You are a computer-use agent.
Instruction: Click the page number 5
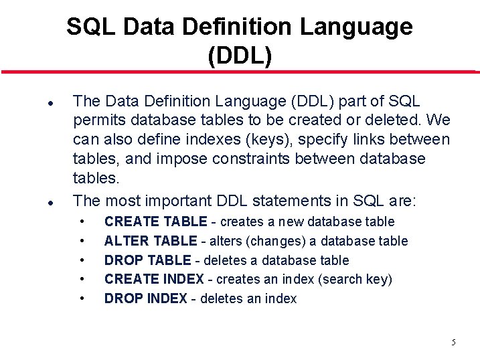click(x=453, y=342)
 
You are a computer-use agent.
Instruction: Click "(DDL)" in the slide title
click(x=240, y=56)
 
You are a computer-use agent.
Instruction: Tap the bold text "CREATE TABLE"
click(x=156, y=221)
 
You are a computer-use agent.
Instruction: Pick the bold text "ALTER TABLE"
click(x=151, y=241)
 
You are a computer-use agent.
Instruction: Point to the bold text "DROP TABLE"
click(x=147, y=260)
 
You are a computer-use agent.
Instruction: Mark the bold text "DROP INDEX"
click(x=145, y=298)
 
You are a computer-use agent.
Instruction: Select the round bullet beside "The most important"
click(x=50, y=201)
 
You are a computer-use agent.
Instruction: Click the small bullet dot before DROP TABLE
click(x=82, y=260)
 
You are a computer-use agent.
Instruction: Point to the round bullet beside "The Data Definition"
click(x=50, y=103)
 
